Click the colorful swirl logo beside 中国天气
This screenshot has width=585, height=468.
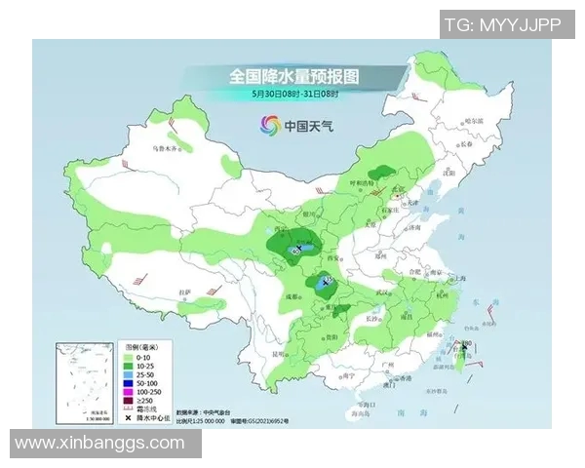[x=268, y=125]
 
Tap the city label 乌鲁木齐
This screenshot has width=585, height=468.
[x=169, y=148]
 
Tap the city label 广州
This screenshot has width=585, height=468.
[x=387, y=364]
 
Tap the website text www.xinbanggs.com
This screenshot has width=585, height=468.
[x=100, y=444]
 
